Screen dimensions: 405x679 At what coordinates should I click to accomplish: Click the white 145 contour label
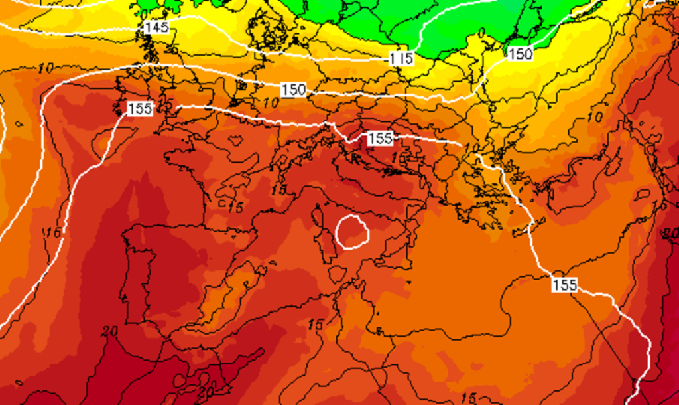tap(156, 27)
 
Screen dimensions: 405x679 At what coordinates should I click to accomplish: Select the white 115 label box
tap(401, 58)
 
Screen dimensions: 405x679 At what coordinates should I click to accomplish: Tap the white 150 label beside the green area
tap(521, 54)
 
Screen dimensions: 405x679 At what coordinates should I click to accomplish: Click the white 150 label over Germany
tap(293, 90)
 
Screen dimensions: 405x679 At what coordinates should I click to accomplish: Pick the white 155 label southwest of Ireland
tap(139, 109)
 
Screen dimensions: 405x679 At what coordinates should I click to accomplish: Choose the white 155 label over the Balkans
tap(379, 139)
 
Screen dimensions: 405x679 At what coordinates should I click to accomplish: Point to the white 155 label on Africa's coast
tap(564, 285)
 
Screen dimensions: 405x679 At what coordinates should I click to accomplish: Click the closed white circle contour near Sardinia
tap(351, 231)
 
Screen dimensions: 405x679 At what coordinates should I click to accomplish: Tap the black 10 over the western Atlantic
tap(46, 68)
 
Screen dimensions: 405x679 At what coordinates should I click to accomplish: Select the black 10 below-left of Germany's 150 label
tap(270, 103)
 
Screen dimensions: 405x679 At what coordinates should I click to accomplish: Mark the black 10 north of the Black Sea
tap(595, 118)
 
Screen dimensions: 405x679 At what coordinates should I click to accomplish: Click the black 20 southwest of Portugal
tap(111, 330)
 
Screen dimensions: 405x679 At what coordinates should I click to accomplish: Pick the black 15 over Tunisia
tap(316, 324)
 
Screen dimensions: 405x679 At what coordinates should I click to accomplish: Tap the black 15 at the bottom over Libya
tap(468, 398)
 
